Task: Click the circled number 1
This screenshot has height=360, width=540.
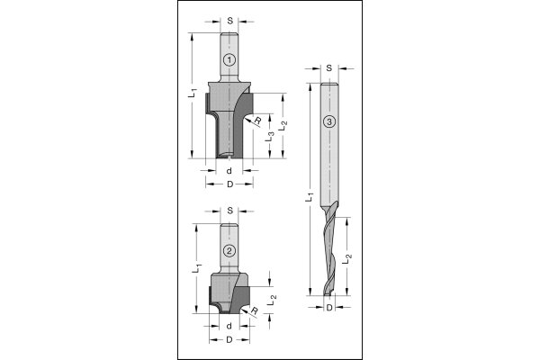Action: (x=229, y=60)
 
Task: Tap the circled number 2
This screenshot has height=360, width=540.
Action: (x=229, y=250)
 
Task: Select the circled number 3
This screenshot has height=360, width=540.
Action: (x=329, y=121)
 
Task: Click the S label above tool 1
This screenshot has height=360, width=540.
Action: (x=230, y=21)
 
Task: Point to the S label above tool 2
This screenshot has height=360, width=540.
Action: (x=230, y=210)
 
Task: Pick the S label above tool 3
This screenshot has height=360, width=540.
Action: (x=329, y=67)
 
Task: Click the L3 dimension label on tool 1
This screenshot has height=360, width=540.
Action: (x=270, y=137)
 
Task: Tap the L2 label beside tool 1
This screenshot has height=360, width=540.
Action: (x=283, y=125)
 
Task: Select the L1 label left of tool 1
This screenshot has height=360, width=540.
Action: (x=193, y=93)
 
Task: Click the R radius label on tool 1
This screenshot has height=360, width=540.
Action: (x=257, y=121)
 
